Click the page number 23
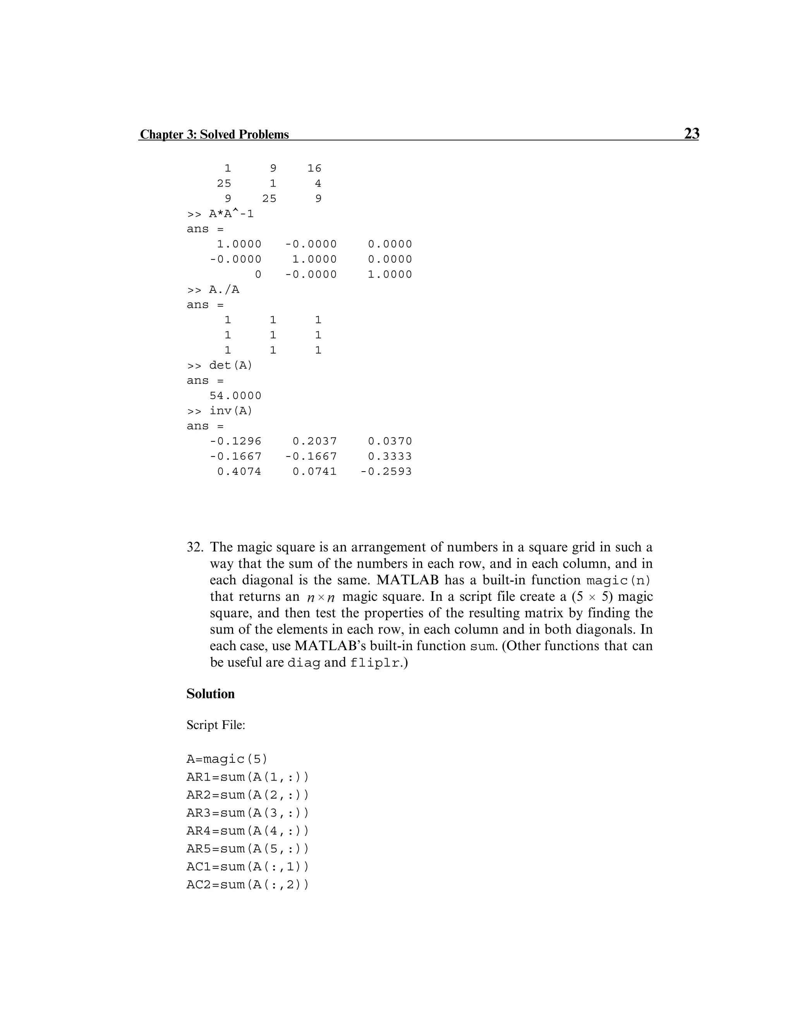(691, 134)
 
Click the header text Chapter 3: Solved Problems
(214, 134)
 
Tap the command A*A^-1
(231, 214)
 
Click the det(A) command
(230, 365)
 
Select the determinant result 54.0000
(235, 396)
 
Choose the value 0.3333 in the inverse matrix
(390, 456)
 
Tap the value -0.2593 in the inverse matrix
(386, 471)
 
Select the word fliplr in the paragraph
(374, 663)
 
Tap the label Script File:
(216, 725)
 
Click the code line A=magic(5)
(227, 759)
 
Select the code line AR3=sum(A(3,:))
(247, 813)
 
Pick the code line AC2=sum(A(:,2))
(247, 885)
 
